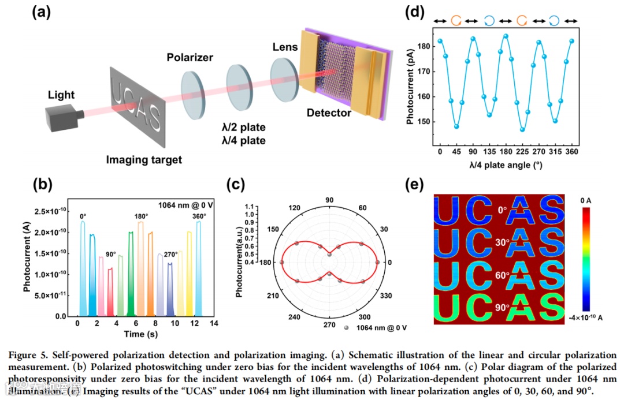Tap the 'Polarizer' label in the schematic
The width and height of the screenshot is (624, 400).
click(x=190, y=57)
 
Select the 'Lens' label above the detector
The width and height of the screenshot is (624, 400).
click(x=285, y=46)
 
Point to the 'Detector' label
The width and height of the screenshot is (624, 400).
click(x=329, y=113)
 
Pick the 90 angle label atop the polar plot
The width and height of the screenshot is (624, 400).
click(x=329, y=200)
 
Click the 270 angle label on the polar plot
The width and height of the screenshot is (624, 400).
click(x=329, y=324)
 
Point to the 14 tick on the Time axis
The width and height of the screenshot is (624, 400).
click(x=214, y=323)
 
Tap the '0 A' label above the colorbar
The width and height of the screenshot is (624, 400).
click(x=586, y=200)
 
